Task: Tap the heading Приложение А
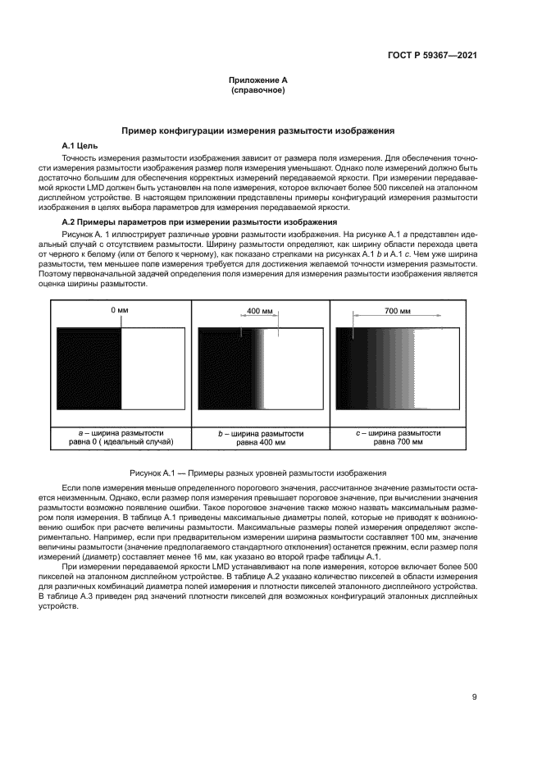[257, 80]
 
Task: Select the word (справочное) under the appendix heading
[257, 90]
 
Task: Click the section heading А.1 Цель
[80, 144]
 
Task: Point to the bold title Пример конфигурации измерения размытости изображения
[257, 130]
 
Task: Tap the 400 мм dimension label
[260, 312]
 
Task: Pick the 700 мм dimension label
[397, 312]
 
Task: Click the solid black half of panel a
[89, 369]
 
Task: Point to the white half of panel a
[153, 369]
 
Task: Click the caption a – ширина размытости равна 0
[121, 436]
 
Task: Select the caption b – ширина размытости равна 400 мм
[260, 436]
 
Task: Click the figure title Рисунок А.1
[257, 473]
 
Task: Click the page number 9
[475, 697]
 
